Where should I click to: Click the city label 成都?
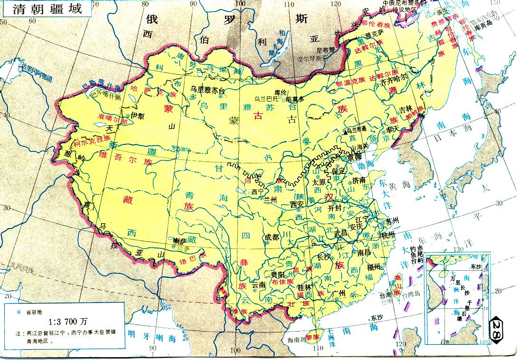[x=272, y=237]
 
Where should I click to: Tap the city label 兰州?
[x=270, y=200]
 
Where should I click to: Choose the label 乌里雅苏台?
[x=207, y=89]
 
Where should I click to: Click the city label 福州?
[x=374, y=267]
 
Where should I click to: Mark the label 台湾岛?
[x=409, y=295]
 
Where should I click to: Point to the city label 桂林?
[x=303, y=287]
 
